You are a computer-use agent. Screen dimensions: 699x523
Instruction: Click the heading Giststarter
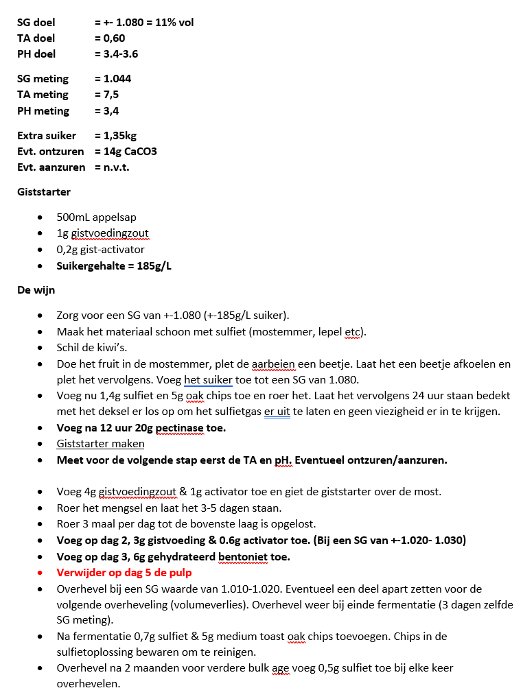[44, 192]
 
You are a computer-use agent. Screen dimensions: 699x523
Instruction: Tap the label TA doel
[36, 38]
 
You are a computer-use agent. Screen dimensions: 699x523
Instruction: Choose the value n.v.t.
[116, 167]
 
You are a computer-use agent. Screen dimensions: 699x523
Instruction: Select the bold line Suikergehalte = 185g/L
[114, 265]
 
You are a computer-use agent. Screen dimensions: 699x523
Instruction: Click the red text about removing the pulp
[124, 572]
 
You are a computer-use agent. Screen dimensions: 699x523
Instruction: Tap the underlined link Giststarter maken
[100, 444]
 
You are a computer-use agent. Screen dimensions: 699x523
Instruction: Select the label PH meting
[43, 110]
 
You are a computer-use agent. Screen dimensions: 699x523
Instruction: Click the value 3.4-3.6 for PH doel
[120, 54]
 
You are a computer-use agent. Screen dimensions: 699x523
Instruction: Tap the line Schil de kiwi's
[92, 347]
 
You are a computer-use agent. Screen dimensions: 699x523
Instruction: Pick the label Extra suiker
[47, 135]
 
